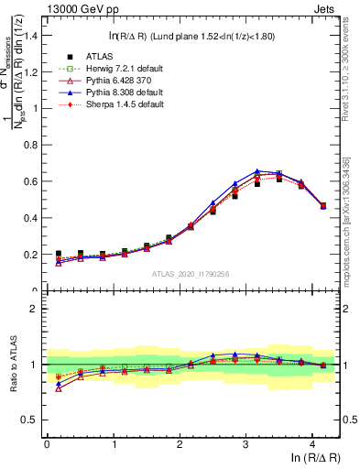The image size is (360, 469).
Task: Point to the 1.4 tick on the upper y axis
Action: pyautogui.click(x=33, y=35)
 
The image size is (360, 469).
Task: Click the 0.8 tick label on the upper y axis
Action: pyautogui.click(x=33, y=145)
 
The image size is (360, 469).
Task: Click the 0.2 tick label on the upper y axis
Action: pyautogui.click(x=33, y=255)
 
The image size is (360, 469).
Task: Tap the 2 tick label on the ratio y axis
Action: pyautogui.click(x=38, y=309)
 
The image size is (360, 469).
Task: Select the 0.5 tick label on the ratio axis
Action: pyautogui.click(x=33, y=420)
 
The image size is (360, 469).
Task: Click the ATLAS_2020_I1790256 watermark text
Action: pyautogui.click(x=191, y=273)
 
